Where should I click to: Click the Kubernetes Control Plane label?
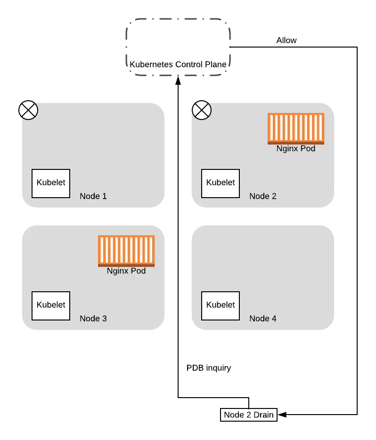pos(178,64)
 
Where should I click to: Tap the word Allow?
pos(286,40)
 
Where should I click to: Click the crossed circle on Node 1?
pos(28,110)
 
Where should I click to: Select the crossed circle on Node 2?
pos(202,110)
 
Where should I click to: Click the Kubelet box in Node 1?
pos(51,184)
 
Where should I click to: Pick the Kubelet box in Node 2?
pos(221,184)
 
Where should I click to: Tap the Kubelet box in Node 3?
pos(51,306)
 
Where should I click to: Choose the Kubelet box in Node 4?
pos(221,306)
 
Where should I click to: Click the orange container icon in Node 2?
pos(296,128)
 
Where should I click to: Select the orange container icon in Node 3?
pos(126,251)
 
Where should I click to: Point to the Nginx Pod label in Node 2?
pos(296,148)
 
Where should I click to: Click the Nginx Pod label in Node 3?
pos(126,271)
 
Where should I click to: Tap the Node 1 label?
pos(93,196)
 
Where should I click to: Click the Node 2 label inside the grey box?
pos(263,196)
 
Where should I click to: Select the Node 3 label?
pos(93,319)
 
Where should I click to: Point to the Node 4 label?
pos(263,319)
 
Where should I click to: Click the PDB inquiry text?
pos(209,368)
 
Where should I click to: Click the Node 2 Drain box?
pos(249,415)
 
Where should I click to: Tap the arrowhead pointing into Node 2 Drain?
pos(282,415)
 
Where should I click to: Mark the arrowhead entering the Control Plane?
pos(178,80)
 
